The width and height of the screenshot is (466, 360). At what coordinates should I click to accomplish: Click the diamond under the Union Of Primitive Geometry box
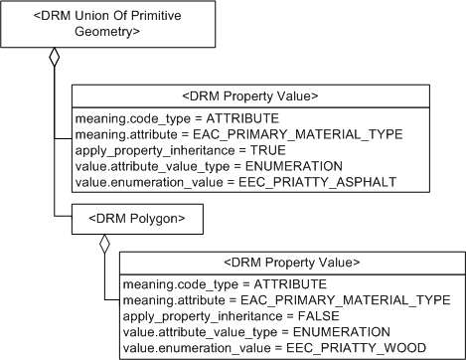click(x=55, y=58)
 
